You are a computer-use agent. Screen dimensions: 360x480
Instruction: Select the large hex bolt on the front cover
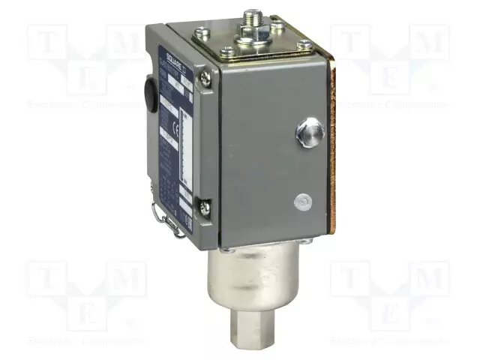coord(309,133)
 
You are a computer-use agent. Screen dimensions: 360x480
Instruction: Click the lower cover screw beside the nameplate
coord(202,202)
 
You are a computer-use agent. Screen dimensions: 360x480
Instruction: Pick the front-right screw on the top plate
coord(304,46)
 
